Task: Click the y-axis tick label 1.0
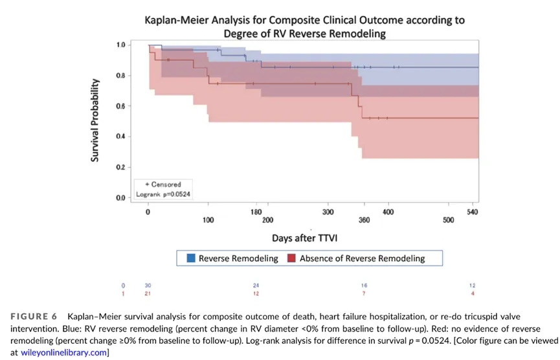pos(121,45)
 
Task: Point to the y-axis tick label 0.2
pos(121,167)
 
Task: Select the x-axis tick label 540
pos(472,212)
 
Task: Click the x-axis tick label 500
pos(448,221)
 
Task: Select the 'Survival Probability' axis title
pos(95,120)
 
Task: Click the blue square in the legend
pos(191,258)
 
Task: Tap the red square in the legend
pos(291,258)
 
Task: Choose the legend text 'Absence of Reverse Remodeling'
pos(362,258)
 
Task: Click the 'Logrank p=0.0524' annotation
pos(163,193)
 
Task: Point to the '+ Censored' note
pos(162,185)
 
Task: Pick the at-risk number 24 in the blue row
pos(256,286)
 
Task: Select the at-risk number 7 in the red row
pos(364,293)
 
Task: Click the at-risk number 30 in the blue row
pos(148,286)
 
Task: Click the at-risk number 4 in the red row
pos(472,293)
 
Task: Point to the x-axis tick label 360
pos(364,221)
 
